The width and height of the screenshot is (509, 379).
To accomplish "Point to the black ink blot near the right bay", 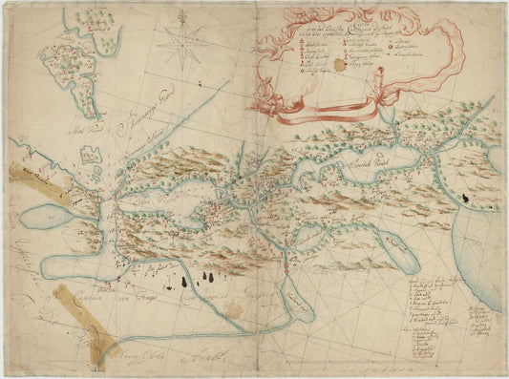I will tap(464, 197).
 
